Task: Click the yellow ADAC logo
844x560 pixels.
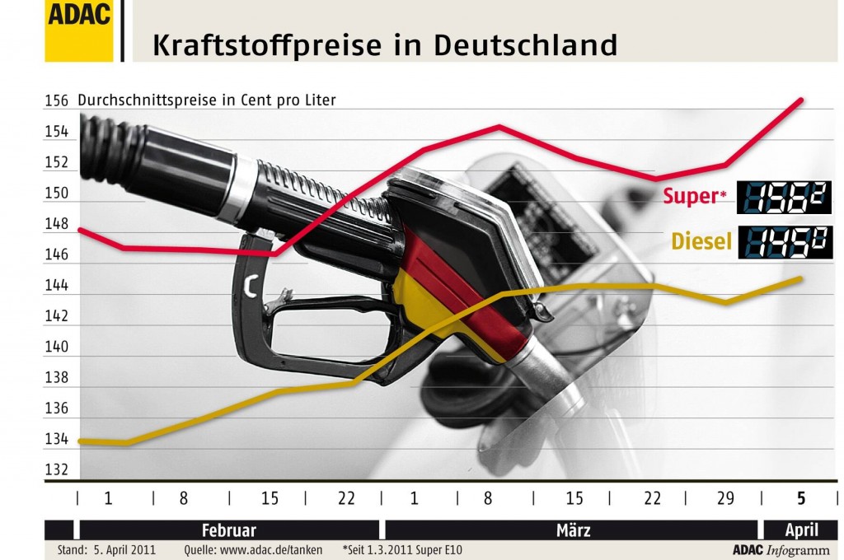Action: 79,30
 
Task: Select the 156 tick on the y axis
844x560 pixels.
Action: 56,100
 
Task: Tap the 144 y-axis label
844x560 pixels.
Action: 56,286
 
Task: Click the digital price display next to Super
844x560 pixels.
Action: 784,197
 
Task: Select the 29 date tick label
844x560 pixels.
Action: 726,498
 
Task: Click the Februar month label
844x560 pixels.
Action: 228,530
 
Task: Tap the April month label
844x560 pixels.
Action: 801,530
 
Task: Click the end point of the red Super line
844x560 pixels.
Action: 802,100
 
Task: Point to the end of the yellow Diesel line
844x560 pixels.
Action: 802,278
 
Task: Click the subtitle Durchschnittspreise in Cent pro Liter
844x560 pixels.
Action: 206,100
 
